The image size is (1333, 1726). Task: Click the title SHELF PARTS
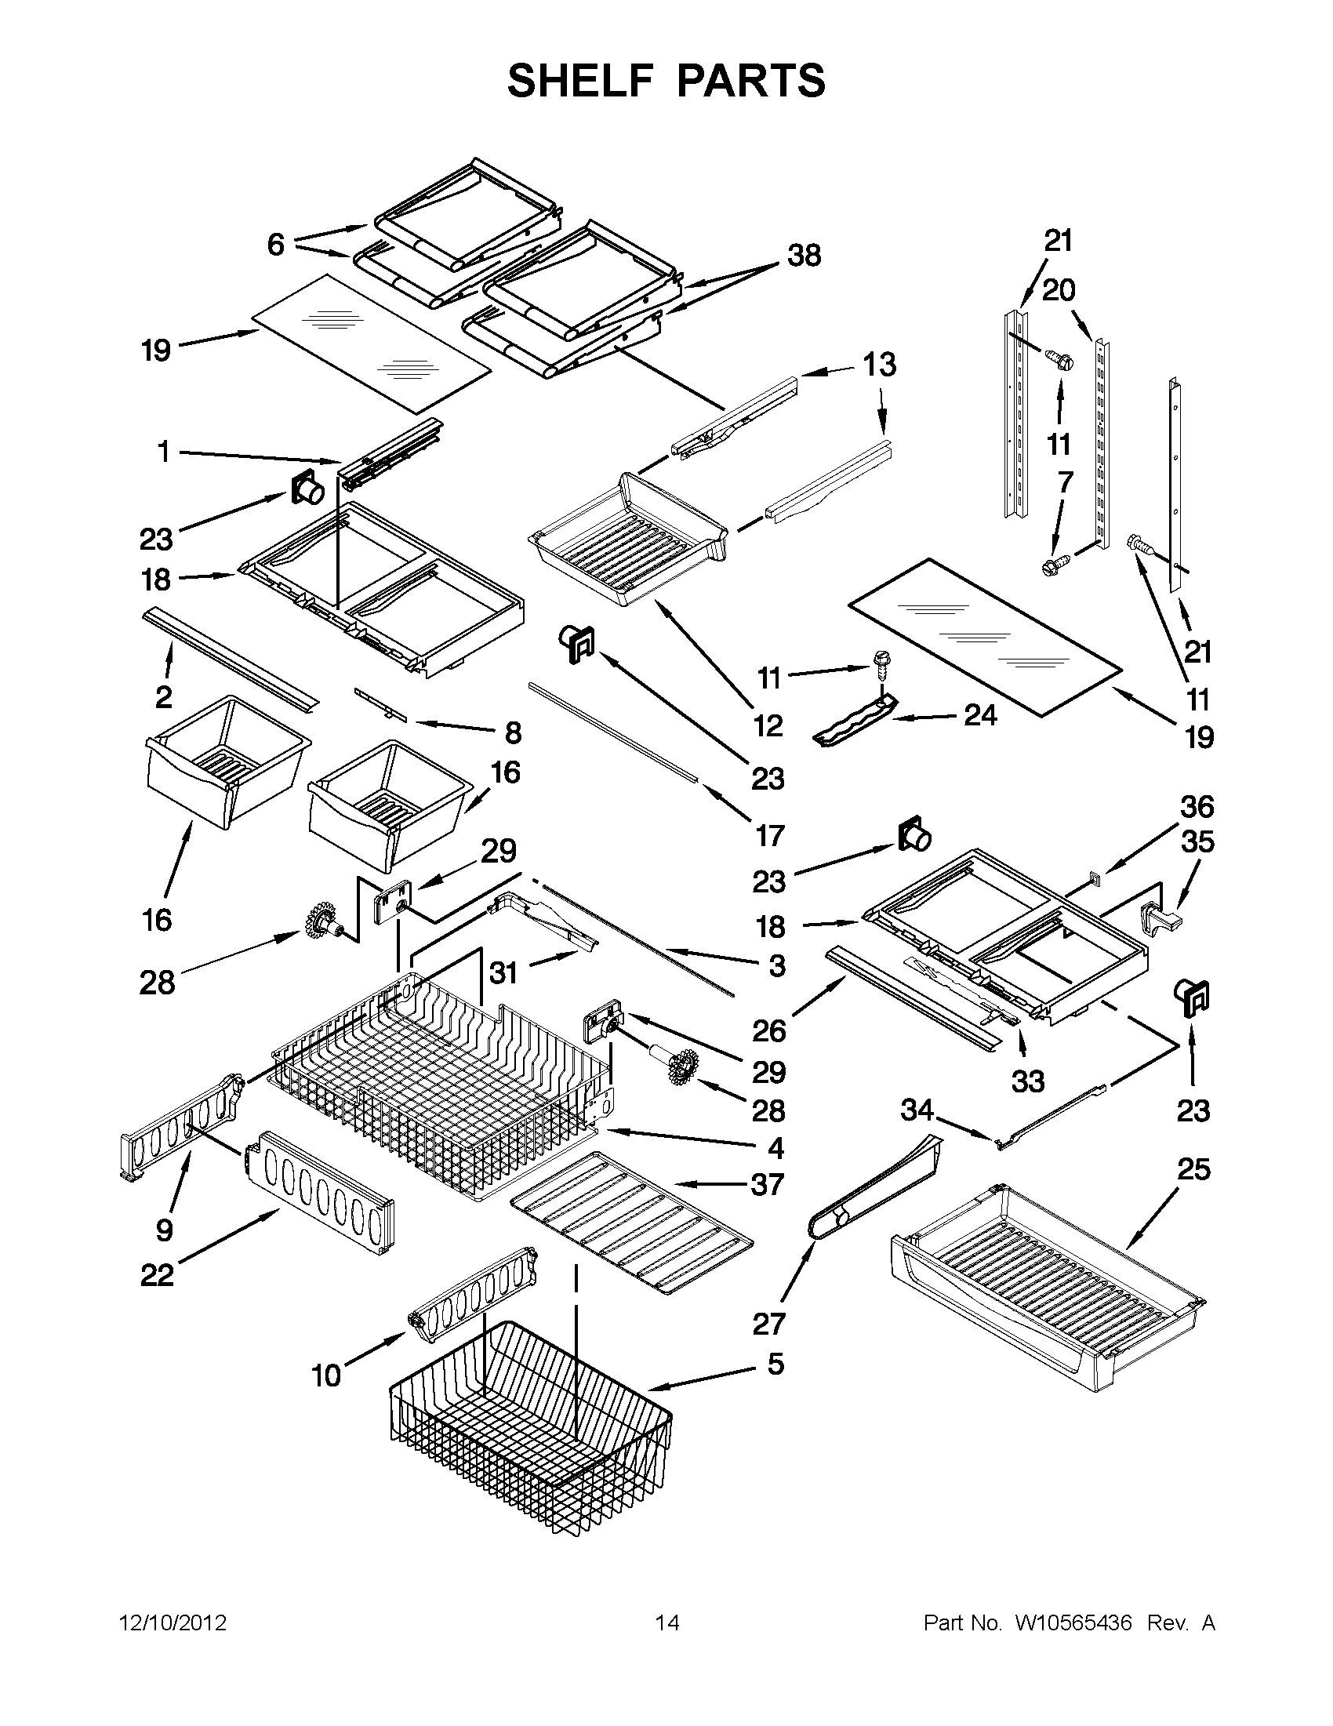point(666,81)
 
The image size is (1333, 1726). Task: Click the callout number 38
point(804,256)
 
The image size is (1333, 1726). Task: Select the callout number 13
point(879,365)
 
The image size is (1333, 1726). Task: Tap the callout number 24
point(980,715)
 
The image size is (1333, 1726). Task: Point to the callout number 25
point(1193,1169)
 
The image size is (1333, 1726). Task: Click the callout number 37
point(767,1207)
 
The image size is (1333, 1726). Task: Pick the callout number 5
point(775,1363)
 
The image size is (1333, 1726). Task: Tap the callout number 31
point(503,973)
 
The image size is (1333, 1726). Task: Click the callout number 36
point(1197,807)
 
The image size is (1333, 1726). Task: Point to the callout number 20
point(1058,291)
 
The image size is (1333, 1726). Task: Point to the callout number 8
point(513,732)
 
